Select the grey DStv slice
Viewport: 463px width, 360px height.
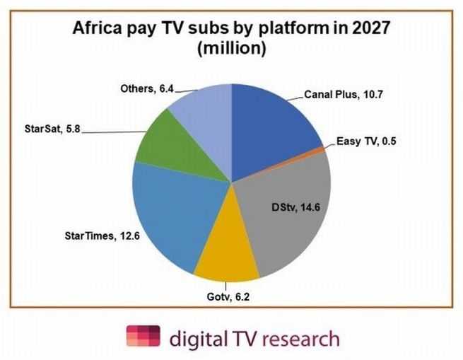pos(283,226)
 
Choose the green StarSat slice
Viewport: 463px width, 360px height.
pos(166,141)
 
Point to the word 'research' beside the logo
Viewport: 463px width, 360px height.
pos(300,337)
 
